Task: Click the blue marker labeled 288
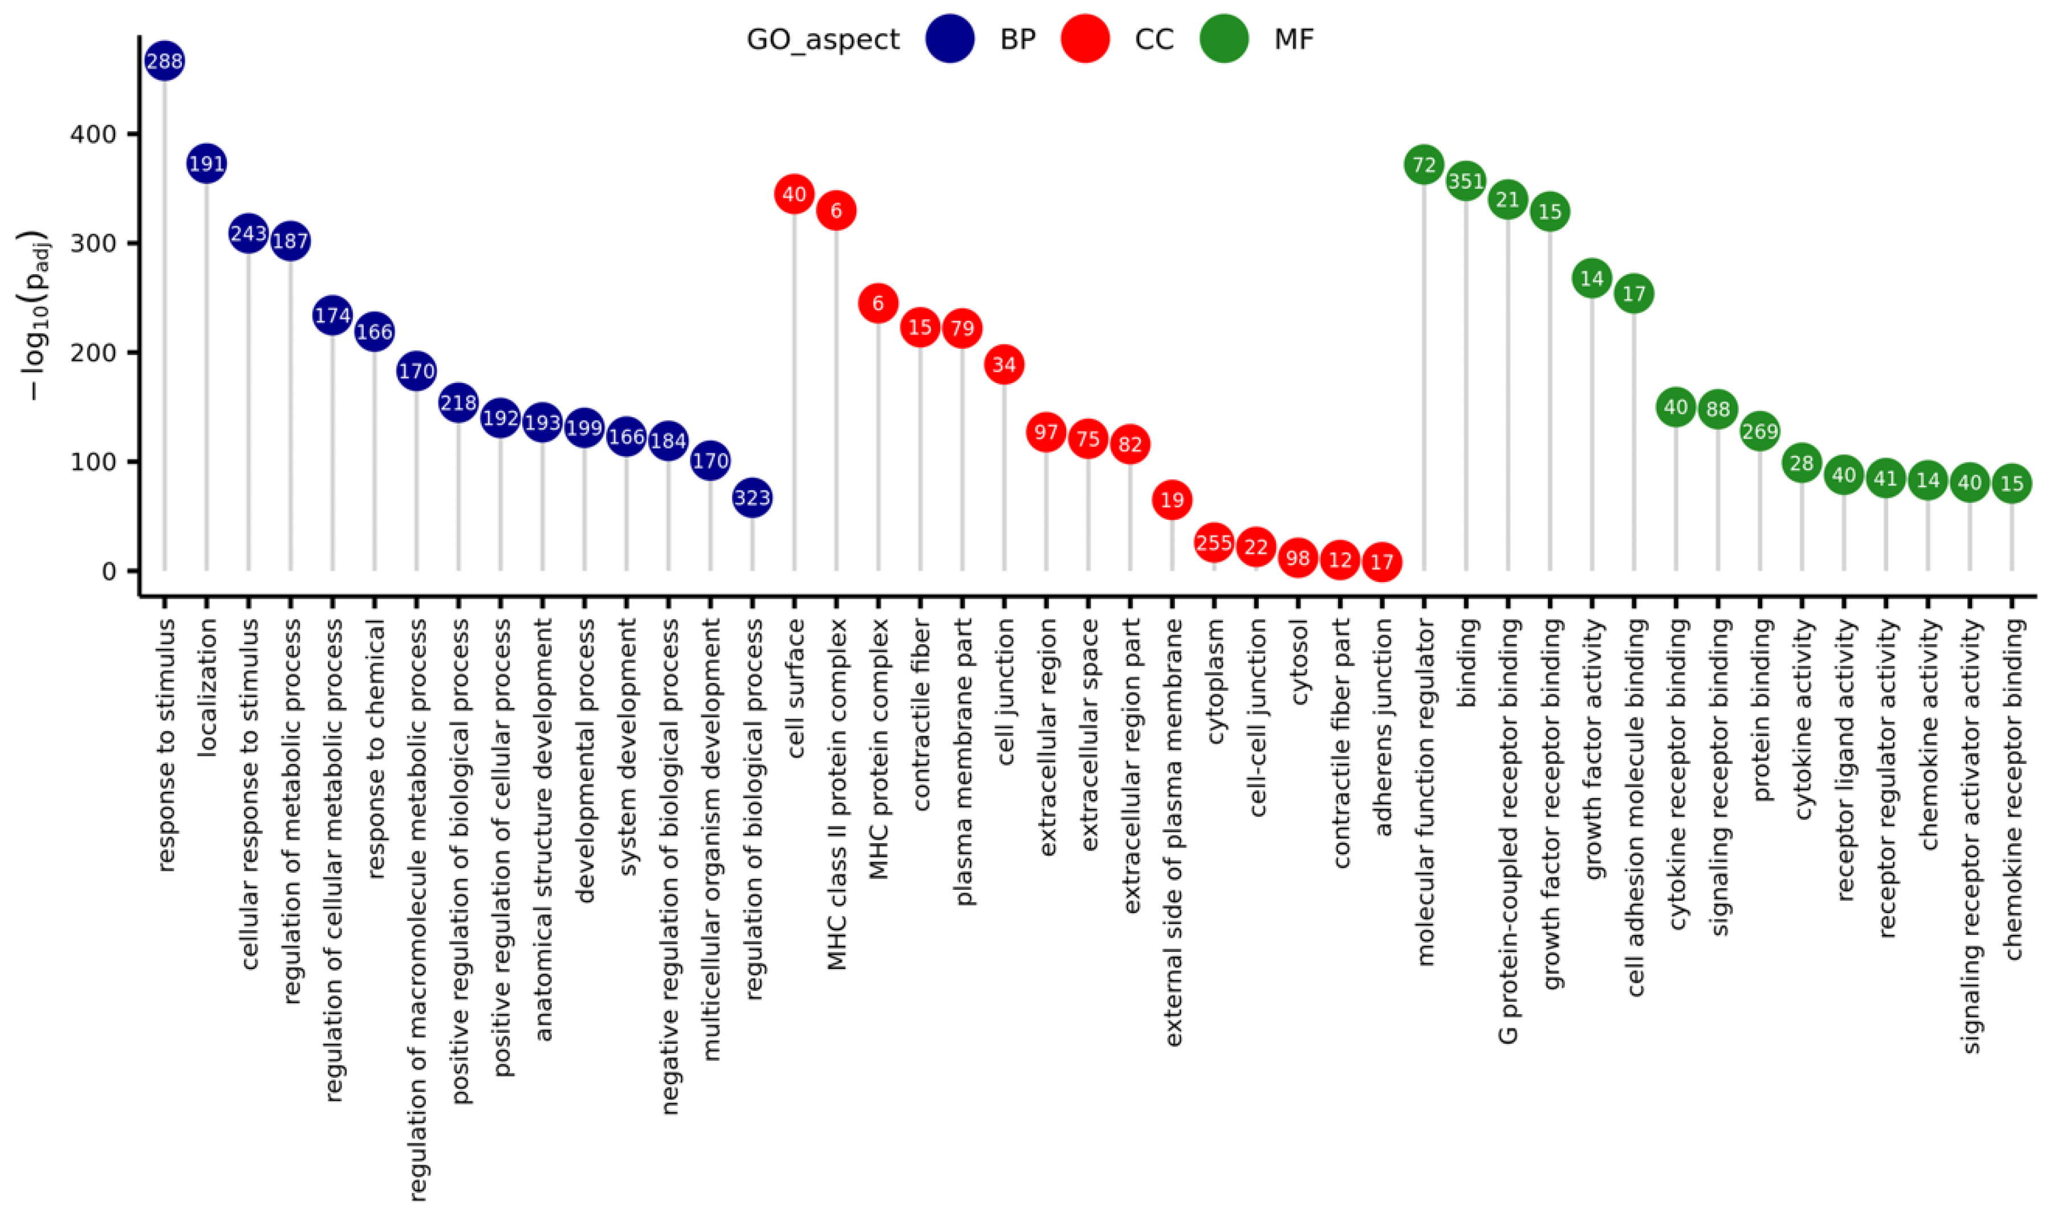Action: [x=164, y=60]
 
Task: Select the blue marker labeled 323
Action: [x=752, y=498]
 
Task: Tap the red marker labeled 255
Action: [x=1214, y=543]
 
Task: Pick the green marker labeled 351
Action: [x=1466, y=181]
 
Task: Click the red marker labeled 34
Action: [x=1004, y=364]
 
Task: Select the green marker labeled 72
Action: [x=1424, y=165]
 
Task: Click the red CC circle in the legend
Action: [x=1084, y=39]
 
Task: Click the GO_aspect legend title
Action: [x=823, y=39]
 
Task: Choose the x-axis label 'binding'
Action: [x=1466, y=665]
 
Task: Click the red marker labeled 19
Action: [x=1172, y=499]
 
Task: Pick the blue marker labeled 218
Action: [x=458, y=402]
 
